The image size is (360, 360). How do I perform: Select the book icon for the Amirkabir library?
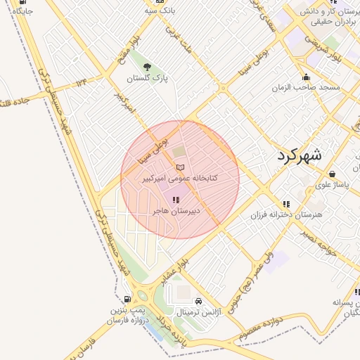pyautogui.click(x=180, y=167)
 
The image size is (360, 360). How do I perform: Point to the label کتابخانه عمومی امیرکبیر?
pyautogui.click(x=180, y=179)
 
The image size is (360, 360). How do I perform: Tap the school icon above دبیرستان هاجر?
pyautogui.click(x=175, y=200)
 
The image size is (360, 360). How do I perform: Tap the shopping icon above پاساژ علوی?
pyautogui.click(x=331, y=174)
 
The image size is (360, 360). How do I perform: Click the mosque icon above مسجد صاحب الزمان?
pyautogui.click(x=305, y=77)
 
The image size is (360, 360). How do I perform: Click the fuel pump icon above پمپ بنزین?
pyautogui.click(x=127, y=298)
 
